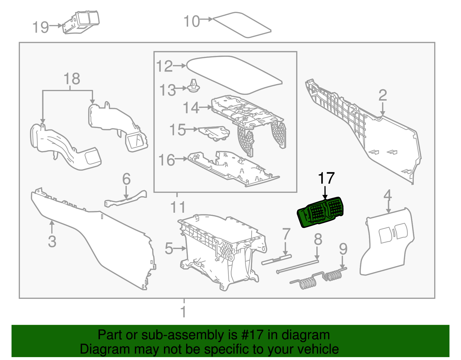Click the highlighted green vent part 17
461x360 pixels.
pyautogui.click(x=320, y=212)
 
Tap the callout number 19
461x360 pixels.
pyautogui.click(x=41, y=27)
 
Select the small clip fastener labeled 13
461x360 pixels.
pyautogui.click(x=194, y=86)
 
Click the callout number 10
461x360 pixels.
pyautogui.click(x=191, y=21)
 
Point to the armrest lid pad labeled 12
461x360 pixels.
pyautogui.click(x=234, y=75)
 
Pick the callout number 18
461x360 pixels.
pyautogui.click(x=72, y=79)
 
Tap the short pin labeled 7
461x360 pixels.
pyautogui.click(x=276, y=260)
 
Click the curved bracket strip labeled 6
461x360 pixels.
pyautogui.click(x=126, y=199)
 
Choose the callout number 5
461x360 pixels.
pyautogui.click(x=169, y=249)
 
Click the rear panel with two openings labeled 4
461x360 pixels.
pyautogui.click(x=387, y=242)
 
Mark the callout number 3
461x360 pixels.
pyautogui.click(x=52, y=242)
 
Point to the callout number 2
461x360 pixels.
pyautogui.click(x=383, y=95)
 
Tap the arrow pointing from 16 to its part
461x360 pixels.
pyautogui.click(x=181, y=159)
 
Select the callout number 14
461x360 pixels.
pyautogui.click(x=191, y=108)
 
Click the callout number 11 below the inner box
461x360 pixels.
pyautogui.click(x=178, y=207)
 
